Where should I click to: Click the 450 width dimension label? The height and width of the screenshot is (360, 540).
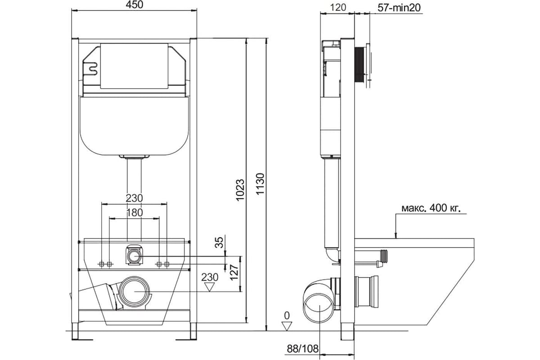[x=134, y=4]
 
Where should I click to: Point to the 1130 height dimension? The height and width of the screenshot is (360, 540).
[x=261, y=184]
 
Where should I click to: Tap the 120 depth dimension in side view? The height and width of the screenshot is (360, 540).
[x=338, y=8]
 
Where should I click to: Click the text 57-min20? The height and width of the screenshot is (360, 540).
[x=399, y=8]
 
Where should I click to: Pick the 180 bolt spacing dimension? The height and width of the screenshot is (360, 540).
[x=134, y=213]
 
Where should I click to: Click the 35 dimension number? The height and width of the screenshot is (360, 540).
[x=219, y=243]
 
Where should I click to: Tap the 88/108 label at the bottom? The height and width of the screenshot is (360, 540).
[x=302, y=348]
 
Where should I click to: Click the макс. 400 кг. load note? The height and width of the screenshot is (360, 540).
[x=431, y=208]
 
